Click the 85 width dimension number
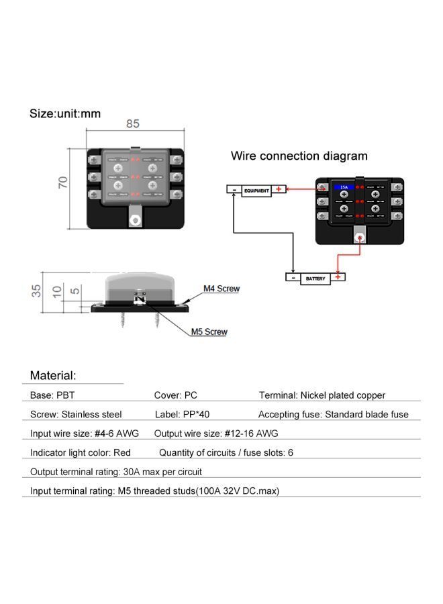click(132, 123)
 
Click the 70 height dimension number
click(63, 182)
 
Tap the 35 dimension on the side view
click(37, 291)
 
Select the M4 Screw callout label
click(222, 289)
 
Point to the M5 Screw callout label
click(209, 332)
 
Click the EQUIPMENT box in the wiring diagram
click(256, 191)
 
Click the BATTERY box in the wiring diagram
click(315, 278)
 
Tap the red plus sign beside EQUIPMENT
click(279, 190)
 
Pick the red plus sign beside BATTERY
click(338, 277)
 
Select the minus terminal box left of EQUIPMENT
click(234, 191)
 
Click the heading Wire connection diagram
click(299, 156)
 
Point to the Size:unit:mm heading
click(65, 113)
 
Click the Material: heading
click(53, 376)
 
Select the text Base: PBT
click(52, 395)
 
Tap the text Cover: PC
click(175, 395)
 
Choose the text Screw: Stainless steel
click(76, 414)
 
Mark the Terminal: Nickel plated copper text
click(322, 395)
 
